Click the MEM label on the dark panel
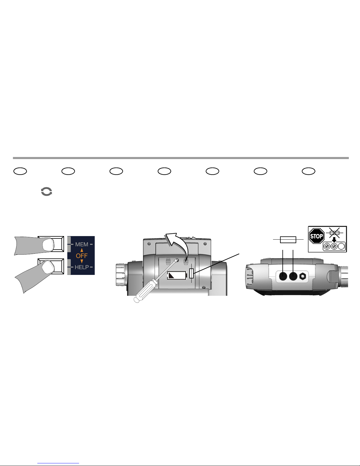[x=82, y=245]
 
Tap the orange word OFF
[x=82, y=256]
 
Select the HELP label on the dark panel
[x=82, y=267]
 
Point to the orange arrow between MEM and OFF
[x=82, y=250]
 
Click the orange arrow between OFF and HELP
[x=82, y=261]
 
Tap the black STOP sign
[x=317, y=236]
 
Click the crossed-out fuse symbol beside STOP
[x=334, y=233]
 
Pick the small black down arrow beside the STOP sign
[x=334, y=240]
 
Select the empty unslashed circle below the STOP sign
[x=341, y=246]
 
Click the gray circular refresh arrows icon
[x=46, y=191]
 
